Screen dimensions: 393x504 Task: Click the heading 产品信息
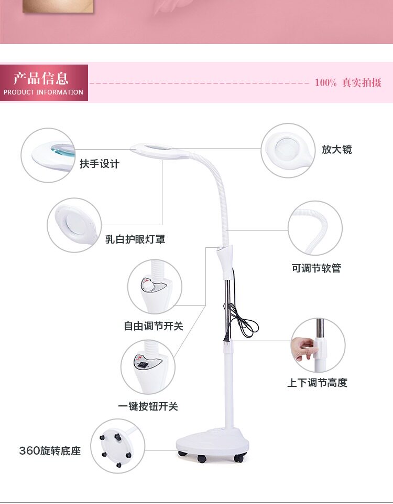pos(41,79)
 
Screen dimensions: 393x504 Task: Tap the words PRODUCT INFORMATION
pos(43,92)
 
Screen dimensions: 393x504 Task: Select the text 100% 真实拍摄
pos(348,83)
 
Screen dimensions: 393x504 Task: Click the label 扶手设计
pos(100,164)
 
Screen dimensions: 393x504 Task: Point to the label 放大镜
pos(337,150)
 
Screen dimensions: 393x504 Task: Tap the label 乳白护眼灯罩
pos(135,239)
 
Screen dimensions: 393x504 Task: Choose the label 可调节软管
pos(316,268)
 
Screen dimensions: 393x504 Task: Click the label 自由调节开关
pos(154,326)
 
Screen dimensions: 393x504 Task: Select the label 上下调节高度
pos(317,383)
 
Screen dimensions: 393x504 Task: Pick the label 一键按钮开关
pos(148,406)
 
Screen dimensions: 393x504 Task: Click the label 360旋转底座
pos(50,451)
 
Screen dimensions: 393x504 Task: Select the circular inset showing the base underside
pos(117,446)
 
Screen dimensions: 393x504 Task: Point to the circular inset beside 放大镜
pos(288,150)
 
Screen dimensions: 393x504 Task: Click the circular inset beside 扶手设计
pos(48,155)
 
